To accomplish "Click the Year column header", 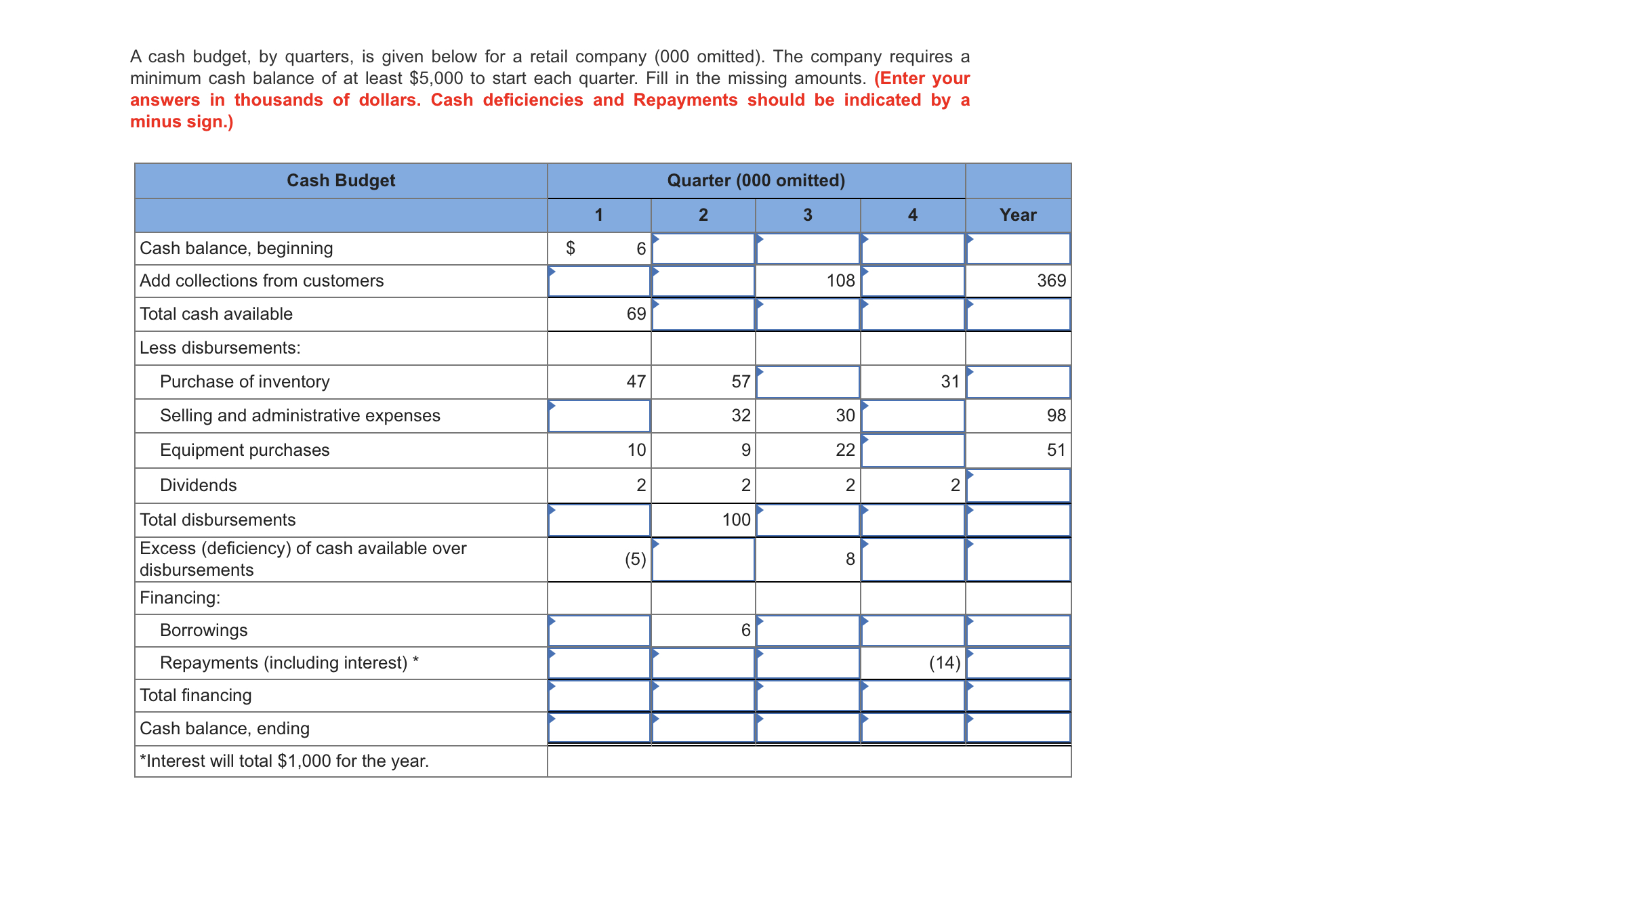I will (x=1017, y=215).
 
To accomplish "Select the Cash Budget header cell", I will (x=341, y=180).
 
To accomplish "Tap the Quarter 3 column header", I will (x=807, y=215).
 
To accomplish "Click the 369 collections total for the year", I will (x=1051, y=280).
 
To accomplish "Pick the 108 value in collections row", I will (x=840, y=280).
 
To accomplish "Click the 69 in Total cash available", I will (x=636, y=314).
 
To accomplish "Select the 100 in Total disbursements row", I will (x=736, y=520).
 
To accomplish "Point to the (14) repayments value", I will (x=944, y=662).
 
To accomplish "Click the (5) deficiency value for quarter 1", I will (x=635, y=559).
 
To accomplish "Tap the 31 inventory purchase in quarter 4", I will (x=950, y=381).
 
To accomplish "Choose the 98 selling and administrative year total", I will (x=1056, y=415).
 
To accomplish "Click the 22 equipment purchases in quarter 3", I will (x=845, y=450).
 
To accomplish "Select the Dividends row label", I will (x=199, y=485).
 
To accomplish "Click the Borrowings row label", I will (x=204, y=630).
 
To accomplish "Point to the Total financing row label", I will (x=196, y=695).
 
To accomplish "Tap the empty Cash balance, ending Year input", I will (x=1018, y=728).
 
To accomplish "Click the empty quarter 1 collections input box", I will (x=599, y=281).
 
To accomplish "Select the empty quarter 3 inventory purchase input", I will (x=808, y=382).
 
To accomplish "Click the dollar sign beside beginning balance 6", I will (x=571, y=248).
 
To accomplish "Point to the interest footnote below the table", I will (x=285, y=761).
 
